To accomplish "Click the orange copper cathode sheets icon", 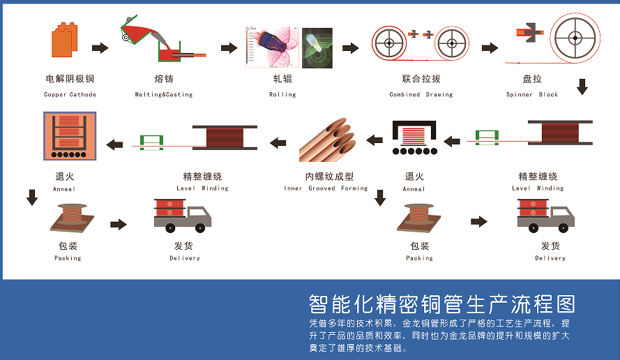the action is pos(64,40).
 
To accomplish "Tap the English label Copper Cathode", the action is pos(70,95).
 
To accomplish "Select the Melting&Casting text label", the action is pos(164,95).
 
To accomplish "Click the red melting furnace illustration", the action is pos(162,39).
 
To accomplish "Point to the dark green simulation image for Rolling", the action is pos(317,48).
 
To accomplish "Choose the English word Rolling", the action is pos(282,95).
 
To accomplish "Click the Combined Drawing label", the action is pos(421,95).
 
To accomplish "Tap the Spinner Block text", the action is pos(532,95).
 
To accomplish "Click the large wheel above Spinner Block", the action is pos(575,38).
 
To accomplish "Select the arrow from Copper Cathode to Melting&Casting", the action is pos(100,48).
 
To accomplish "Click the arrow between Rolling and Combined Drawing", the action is pos(350,48).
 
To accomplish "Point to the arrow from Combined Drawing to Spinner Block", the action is pos(490,48).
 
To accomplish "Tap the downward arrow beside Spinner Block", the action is pos(582,87).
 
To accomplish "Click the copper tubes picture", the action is pos(327,140).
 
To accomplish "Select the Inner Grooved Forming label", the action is pos(326,188).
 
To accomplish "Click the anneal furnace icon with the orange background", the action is pos(70,136).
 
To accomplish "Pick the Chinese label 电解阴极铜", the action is pos(70,79).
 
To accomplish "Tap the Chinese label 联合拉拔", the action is pos(421,79).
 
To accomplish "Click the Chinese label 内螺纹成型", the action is pos(329,177).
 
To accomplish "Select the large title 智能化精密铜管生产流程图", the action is pos(442,303).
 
